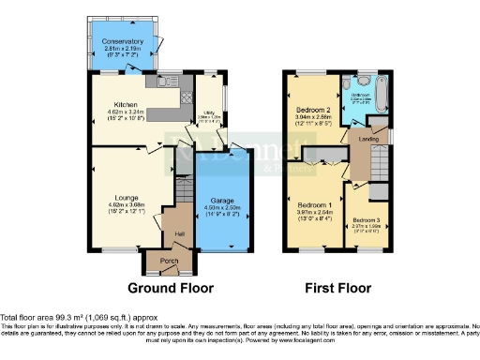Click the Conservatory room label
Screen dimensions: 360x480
pos(124,41)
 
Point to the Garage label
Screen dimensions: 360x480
pos(220,201)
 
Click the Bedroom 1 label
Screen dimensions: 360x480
pos(314,204)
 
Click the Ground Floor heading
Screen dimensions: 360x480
pos(171,288)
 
